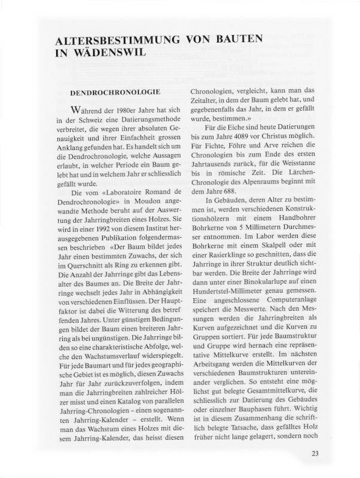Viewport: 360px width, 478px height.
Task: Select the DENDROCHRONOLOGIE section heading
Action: click(x=115, y=93)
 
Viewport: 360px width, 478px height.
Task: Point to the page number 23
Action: click(x=315, y=453)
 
